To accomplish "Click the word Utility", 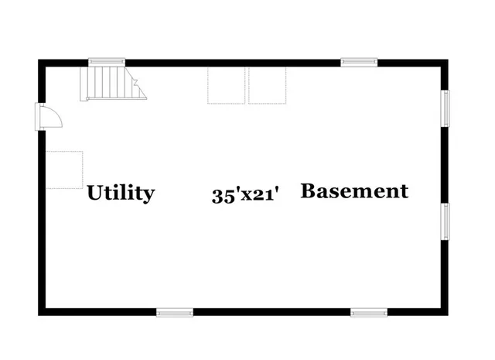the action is point(121,193).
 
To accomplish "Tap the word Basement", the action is point(354,191).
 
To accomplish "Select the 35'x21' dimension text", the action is point(246,195).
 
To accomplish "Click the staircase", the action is point(113,84).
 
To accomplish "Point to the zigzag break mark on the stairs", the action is point(136,82).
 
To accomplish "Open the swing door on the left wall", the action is point(48,116).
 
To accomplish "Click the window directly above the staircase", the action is point(107,62).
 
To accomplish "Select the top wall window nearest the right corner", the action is point(359,62).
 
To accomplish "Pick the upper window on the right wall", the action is point(445,108).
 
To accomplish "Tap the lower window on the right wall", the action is point(445,221).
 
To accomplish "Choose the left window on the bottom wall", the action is point(175,313).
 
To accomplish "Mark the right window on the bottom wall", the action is point(369,313).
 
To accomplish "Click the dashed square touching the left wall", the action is point(64,170).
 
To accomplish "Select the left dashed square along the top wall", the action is point(226,85).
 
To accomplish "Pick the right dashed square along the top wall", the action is point(267,85).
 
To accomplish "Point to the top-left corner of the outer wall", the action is point(39,60).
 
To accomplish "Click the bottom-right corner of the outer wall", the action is point(448,315).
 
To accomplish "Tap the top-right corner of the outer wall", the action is point(448,60).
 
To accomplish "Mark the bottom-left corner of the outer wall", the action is point(39,315).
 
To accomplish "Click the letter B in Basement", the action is point(308,191).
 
